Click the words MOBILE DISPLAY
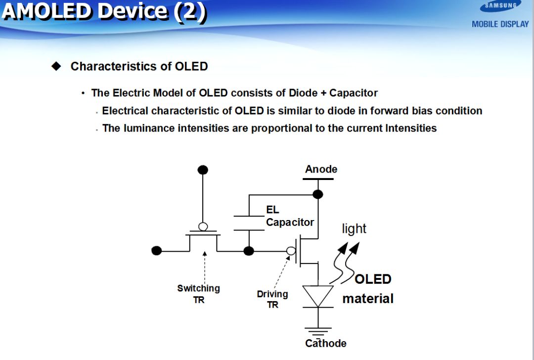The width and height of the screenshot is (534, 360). click(500, 24)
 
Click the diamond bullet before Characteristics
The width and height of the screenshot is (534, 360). click(57, 66)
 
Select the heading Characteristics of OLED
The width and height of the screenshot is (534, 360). click(139, 66)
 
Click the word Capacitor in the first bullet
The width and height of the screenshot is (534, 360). click(353, 93)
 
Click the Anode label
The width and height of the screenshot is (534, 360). click(321, 169)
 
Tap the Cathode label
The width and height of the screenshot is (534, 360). click(325, 343)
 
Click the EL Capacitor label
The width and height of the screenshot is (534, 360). click(289, 217)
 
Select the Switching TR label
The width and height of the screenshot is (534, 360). click(198, 294)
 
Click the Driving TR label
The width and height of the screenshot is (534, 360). click(272, 299)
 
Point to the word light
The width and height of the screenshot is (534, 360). click(354, 228)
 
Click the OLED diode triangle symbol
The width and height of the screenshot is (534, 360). click(318, 296)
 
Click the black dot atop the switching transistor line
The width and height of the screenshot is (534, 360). click(203, 170)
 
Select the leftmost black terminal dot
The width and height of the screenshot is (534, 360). click(157, 251)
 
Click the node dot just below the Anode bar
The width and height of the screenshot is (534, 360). click(318, 194)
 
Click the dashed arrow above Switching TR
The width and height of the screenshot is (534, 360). click(204, 267)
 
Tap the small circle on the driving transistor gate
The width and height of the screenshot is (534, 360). click(291, 251)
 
